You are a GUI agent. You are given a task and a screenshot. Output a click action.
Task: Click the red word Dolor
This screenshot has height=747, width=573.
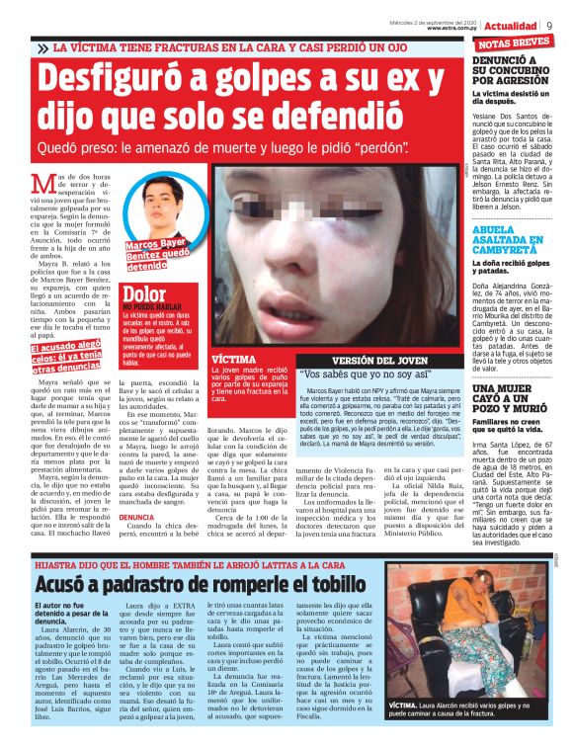click(x=143, y=292)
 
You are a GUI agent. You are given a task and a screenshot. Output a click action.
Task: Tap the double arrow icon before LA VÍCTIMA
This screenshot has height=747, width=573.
click(x=41, y=47)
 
